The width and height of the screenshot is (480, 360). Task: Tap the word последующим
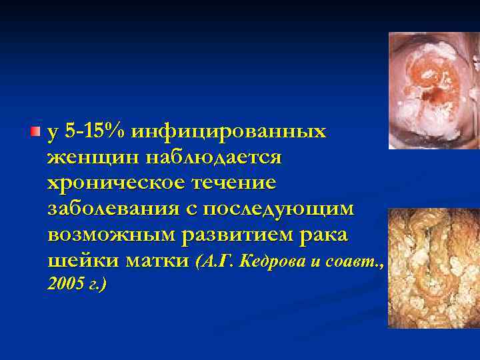pos(279,208)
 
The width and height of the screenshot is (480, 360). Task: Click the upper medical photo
pos(434,90)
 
